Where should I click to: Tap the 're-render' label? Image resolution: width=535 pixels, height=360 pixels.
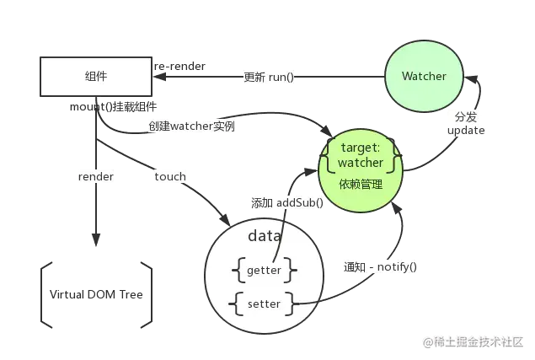point(179,66)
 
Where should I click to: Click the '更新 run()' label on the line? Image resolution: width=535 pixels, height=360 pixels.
point(269,78)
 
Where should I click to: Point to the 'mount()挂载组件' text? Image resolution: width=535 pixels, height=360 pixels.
point(113,107)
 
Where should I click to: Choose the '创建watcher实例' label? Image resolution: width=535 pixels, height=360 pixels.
point(192,126)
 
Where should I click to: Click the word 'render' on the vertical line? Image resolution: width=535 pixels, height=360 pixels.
point(96,176)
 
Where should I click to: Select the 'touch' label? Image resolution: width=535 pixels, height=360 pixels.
point(170,176)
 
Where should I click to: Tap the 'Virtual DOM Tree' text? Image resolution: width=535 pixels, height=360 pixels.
point(96,294)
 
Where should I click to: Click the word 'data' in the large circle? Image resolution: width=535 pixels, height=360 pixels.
point(265,236)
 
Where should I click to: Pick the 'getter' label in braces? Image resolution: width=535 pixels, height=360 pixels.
point(264,270)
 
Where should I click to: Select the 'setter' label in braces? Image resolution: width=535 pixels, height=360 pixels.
point(264,304)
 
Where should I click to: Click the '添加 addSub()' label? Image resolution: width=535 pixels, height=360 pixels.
point(287,203)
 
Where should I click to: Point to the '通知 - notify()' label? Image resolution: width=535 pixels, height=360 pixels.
point(380,266)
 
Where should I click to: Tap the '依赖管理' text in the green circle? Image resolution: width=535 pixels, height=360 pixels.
point(361,185)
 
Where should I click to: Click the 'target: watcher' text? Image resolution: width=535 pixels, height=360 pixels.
point(361,155)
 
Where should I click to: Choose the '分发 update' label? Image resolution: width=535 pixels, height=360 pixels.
point(466,124)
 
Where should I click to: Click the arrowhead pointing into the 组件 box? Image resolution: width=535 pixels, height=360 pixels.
point(159,77)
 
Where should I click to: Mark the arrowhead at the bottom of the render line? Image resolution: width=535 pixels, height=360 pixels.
point(96,239)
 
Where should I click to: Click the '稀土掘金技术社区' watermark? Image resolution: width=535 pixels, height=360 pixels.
point(473,342)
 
